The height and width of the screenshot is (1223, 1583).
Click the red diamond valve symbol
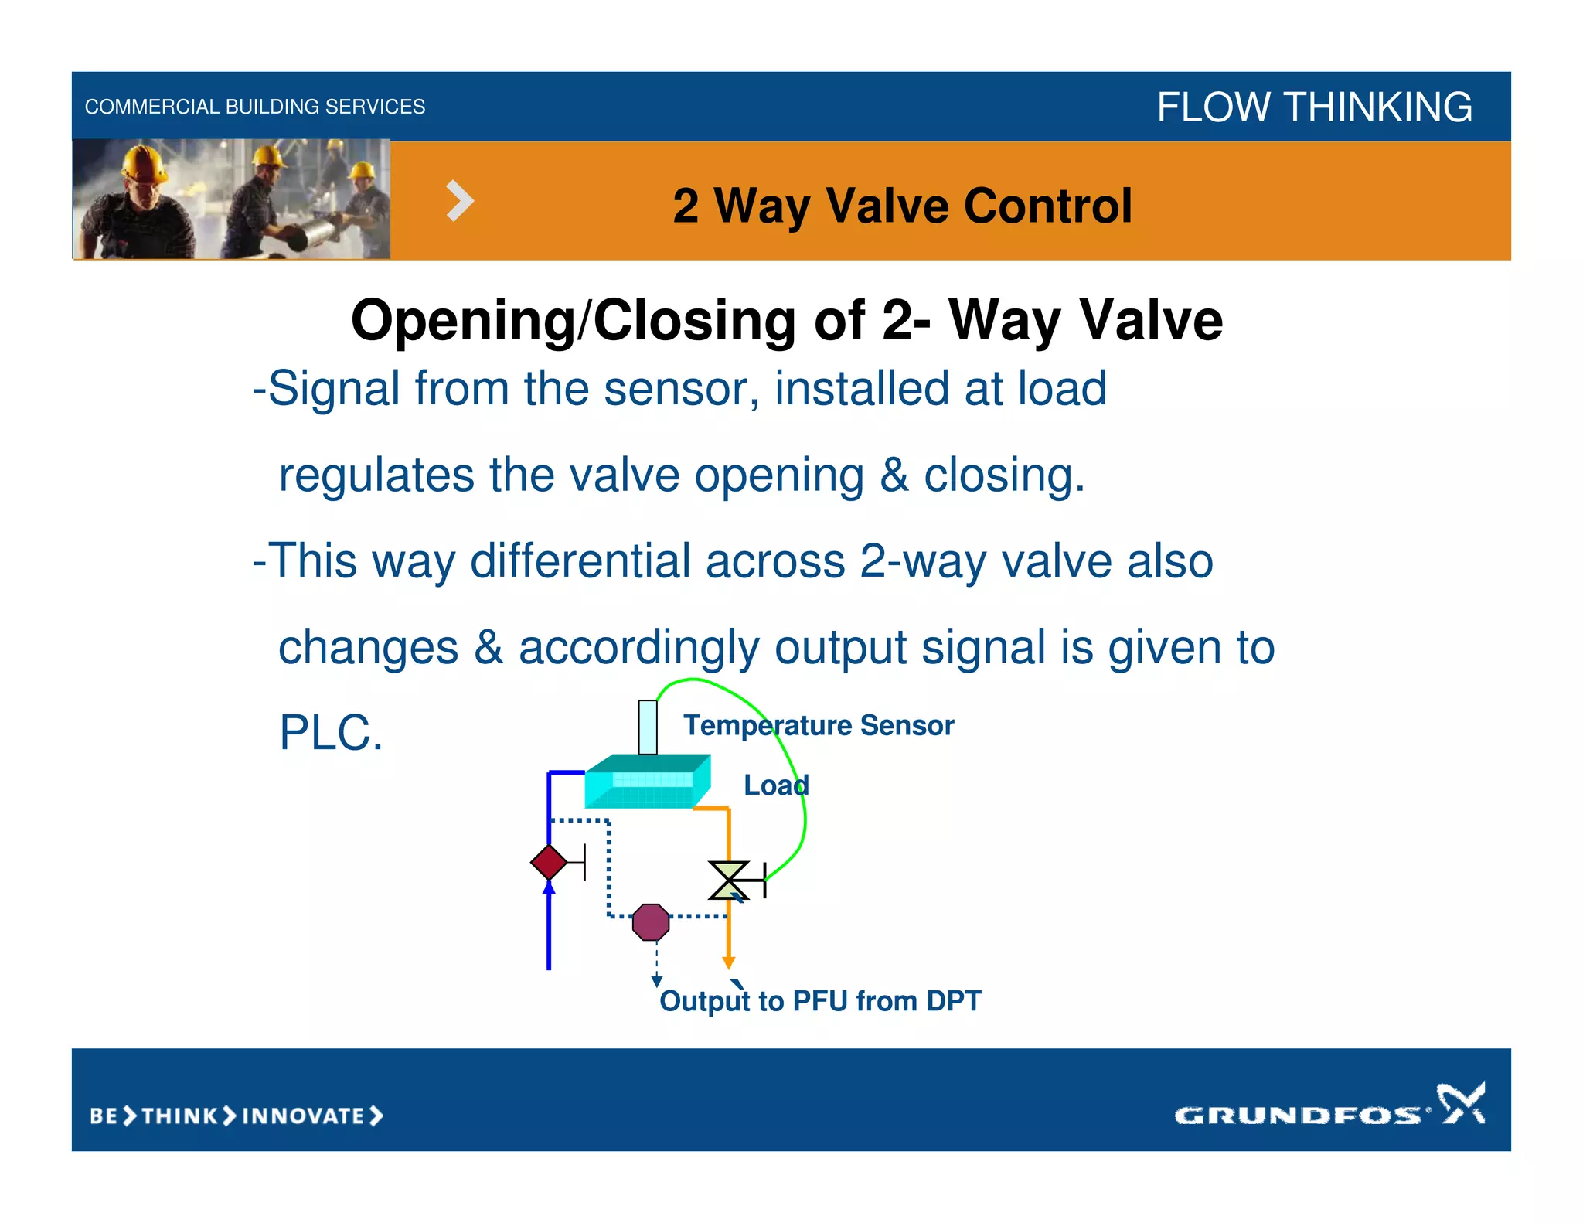(549, 862)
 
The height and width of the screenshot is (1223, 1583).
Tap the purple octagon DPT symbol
(651, 922)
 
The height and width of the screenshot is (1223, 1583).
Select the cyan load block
(647, 782)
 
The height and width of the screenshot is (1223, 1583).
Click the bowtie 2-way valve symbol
(729, 881)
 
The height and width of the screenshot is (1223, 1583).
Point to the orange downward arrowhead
(728, 962)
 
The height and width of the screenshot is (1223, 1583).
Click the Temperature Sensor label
(819, 725)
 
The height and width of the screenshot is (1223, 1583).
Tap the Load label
(776, 785)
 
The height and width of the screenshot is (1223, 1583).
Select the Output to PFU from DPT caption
(820, 1001)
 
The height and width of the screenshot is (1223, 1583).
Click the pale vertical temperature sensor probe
(648, 727)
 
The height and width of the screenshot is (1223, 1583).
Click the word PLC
(331, 733)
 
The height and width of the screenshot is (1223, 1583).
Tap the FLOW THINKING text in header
(1314, 107)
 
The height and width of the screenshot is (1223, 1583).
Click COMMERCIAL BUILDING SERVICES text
(255, 107)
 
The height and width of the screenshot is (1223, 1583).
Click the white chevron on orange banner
(460, 201)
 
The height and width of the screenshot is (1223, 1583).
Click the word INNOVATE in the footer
(303, 1116)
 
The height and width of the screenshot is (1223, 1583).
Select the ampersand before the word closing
(894, 475)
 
